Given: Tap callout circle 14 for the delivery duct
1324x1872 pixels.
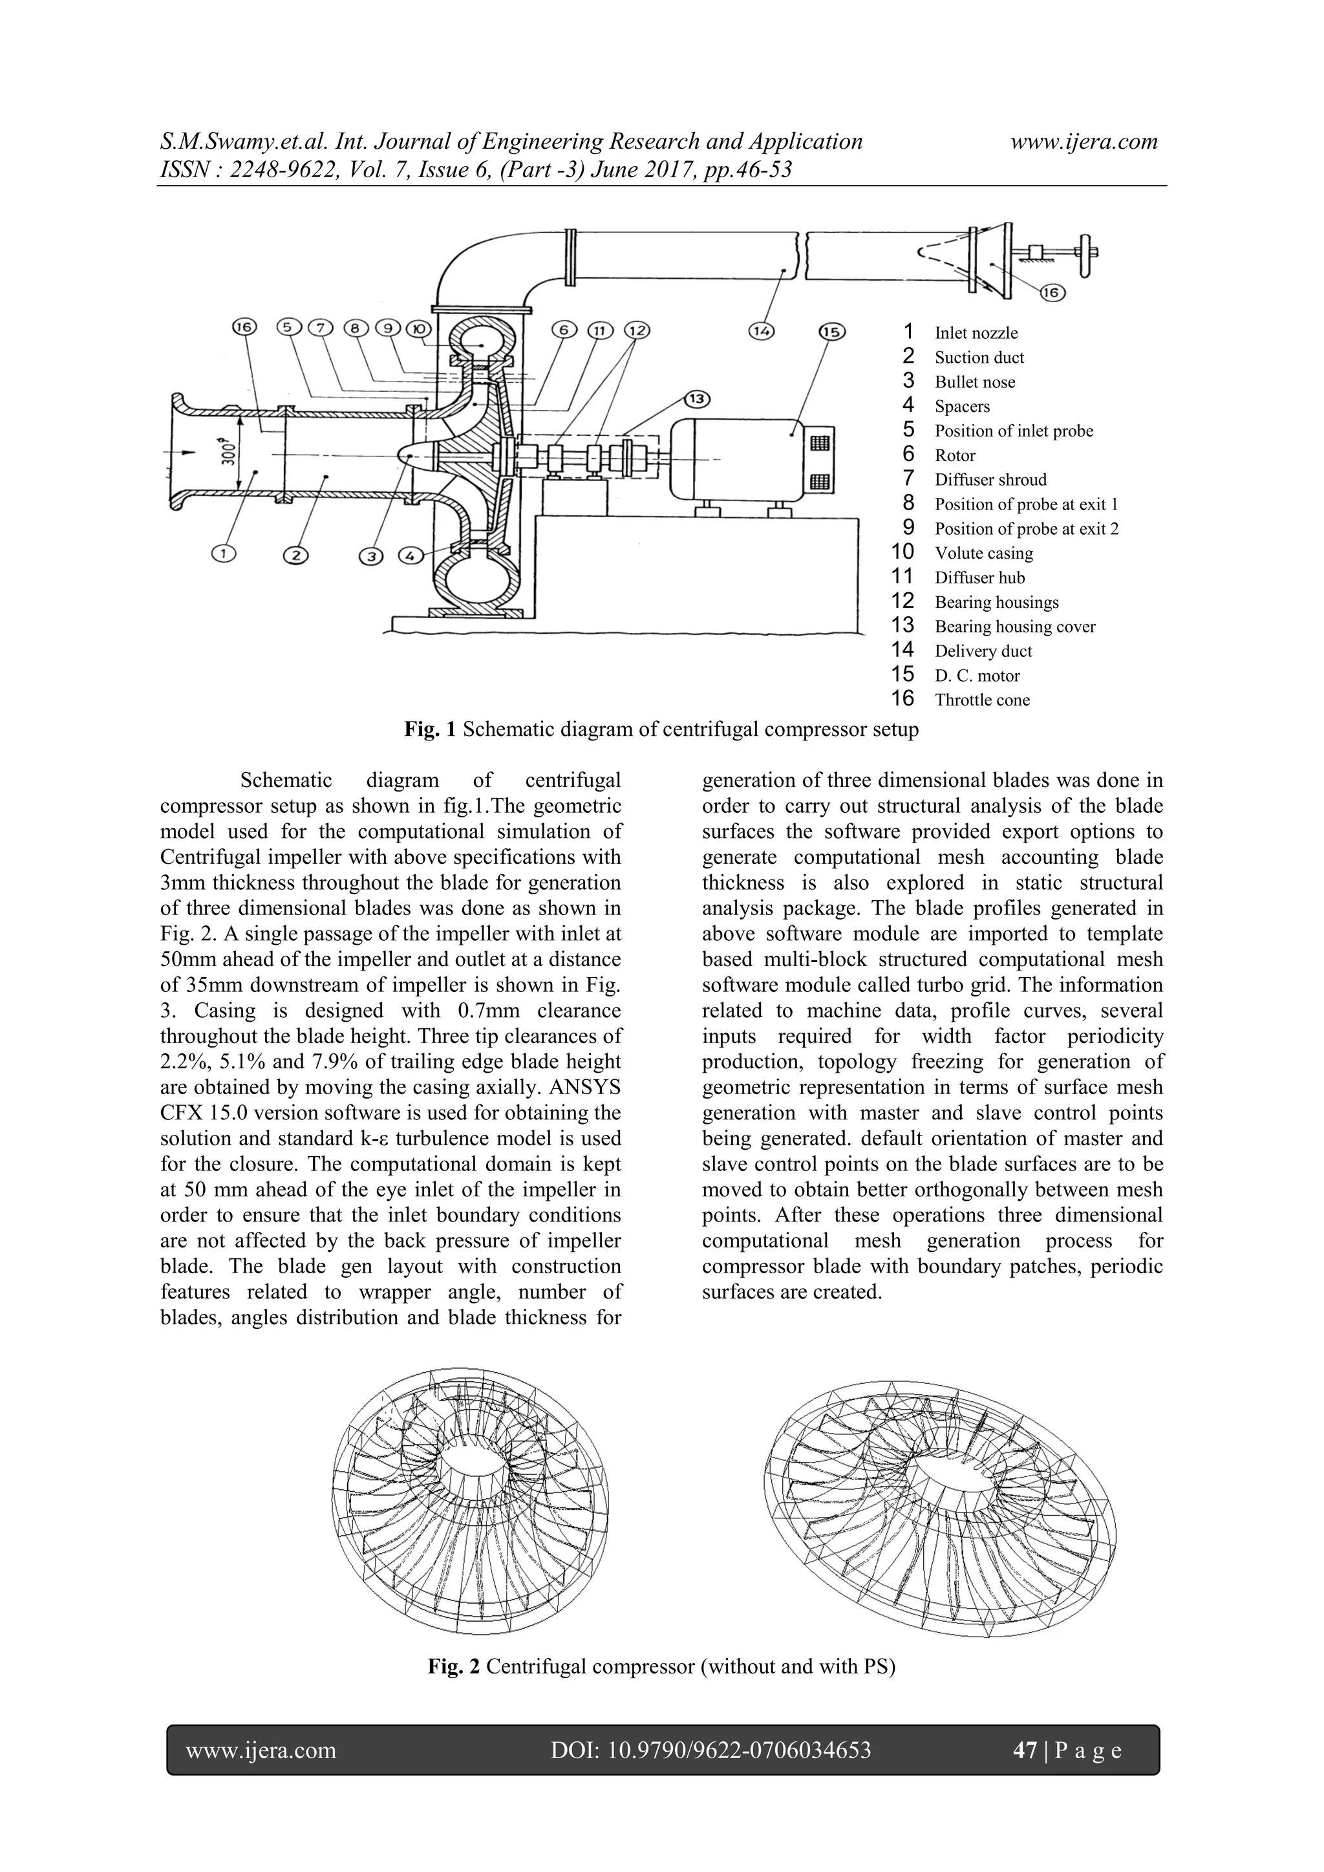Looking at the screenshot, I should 762,331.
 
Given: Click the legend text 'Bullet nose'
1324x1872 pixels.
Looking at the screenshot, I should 974,382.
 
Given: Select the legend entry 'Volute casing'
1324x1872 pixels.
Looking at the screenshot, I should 983,553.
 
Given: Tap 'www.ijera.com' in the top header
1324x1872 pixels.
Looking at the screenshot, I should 1084,142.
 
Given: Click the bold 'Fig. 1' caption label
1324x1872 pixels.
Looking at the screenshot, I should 431,729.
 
